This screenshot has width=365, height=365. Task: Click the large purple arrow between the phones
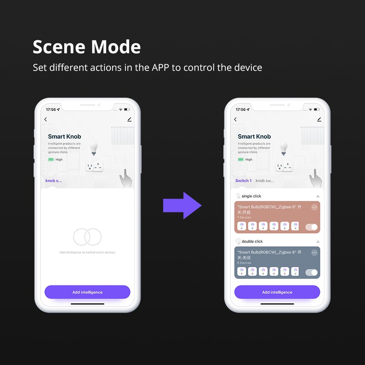182,205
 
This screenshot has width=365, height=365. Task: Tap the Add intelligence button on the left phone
87,292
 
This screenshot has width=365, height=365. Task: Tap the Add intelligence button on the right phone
277,292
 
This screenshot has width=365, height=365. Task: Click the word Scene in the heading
59,47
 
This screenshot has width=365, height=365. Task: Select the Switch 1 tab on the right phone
243,181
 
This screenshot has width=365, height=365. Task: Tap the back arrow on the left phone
46,119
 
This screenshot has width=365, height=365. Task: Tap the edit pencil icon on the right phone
319,119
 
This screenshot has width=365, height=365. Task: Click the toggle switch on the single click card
311,227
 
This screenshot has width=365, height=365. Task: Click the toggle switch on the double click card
311,272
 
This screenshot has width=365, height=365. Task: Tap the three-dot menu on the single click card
314,207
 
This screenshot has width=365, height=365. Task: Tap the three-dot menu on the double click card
314,253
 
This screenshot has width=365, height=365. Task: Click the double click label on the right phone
252,241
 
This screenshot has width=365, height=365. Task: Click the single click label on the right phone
251,196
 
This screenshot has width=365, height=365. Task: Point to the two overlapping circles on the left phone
87,237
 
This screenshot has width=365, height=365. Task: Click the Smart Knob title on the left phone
65,137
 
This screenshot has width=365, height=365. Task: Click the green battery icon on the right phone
241,160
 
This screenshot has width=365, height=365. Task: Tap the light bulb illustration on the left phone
94,148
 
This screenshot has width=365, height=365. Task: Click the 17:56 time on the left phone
51,109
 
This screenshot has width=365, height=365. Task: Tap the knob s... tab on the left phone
54,181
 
